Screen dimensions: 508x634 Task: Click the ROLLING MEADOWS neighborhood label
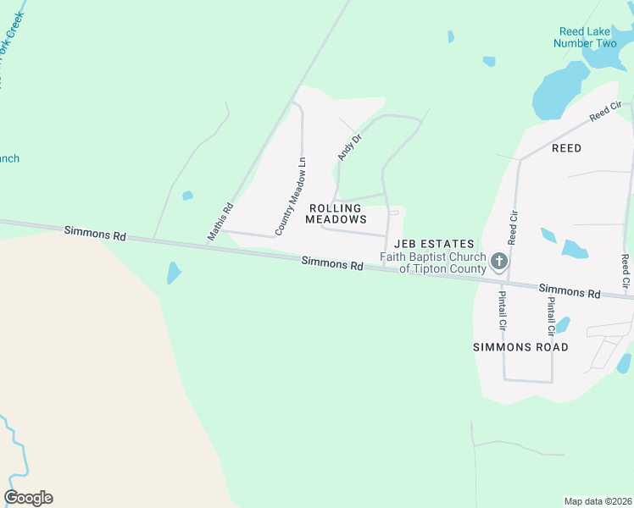coord(335,213)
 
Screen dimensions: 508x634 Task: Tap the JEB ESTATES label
coord(434,245)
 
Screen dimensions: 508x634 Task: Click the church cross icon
coord(499,261)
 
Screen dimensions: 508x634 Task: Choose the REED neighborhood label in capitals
coord(566,148)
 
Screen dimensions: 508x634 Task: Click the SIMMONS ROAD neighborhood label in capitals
coord(520,347)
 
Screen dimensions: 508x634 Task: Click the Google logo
coord(28,498)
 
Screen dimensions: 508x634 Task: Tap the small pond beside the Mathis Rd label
coord(187,196)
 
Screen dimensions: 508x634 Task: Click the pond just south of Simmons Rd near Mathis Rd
coord(173,273)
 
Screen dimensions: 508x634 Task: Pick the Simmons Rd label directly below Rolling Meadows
coord(333,264)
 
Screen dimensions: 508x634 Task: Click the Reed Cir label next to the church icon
coord(513,229)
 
